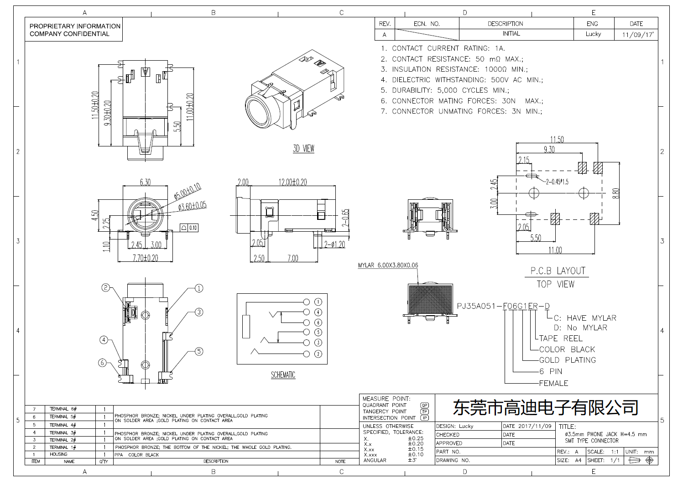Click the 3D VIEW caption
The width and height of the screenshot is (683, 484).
(303, 149)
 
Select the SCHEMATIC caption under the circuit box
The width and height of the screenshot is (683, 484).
(283, 375)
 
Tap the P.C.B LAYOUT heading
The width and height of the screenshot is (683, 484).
(557, 271)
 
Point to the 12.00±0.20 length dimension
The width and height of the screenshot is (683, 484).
(292, 182)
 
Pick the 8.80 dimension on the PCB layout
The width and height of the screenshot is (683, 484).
(616, 193)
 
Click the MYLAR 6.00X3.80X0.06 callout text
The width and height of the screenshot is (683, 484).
(388, 265)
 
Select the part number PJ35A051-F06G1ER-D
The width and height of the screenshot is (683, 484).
(503, 306)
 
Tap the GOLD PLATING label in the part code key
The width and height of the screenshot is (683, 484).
(567, 360)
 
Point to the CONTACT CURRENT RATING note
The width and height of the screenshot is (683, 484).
(443, 48)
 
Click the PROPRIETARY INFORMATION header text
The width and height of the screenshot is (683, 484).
(75, 26)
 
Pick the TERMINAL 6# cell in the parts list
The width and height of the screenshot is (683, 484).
(63, 409)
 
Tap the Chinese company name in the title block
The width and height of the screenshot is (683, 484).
(545, 407)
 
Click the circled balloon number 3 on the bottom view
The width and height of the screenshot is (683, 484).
(199, 312)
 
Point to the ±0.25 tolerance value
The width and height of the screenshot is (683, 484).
(416, 438)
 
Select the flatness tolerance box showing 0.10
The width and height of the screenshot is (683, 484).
(189, 228)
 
